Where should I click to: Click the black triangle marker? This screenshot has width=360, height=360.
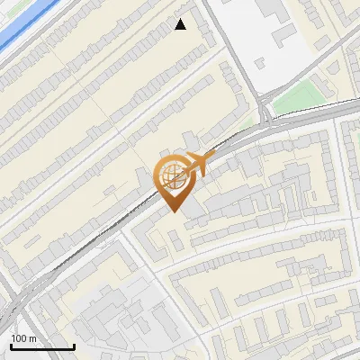[x=181, y=24]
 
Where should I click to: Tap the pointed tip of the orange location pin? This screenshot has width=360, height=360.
[x=173, y=211]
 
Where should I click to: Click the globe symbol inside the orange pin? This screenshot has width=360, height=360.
[x=173, y=176]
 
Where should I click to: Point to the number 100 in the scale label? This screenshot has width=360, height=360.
[x=20, y=338]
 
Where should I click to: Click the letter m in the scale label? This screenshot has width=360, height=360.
[x=33, y=338]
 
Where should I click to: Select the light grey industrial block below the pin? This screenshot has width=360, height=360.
[x=126, y=315]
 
